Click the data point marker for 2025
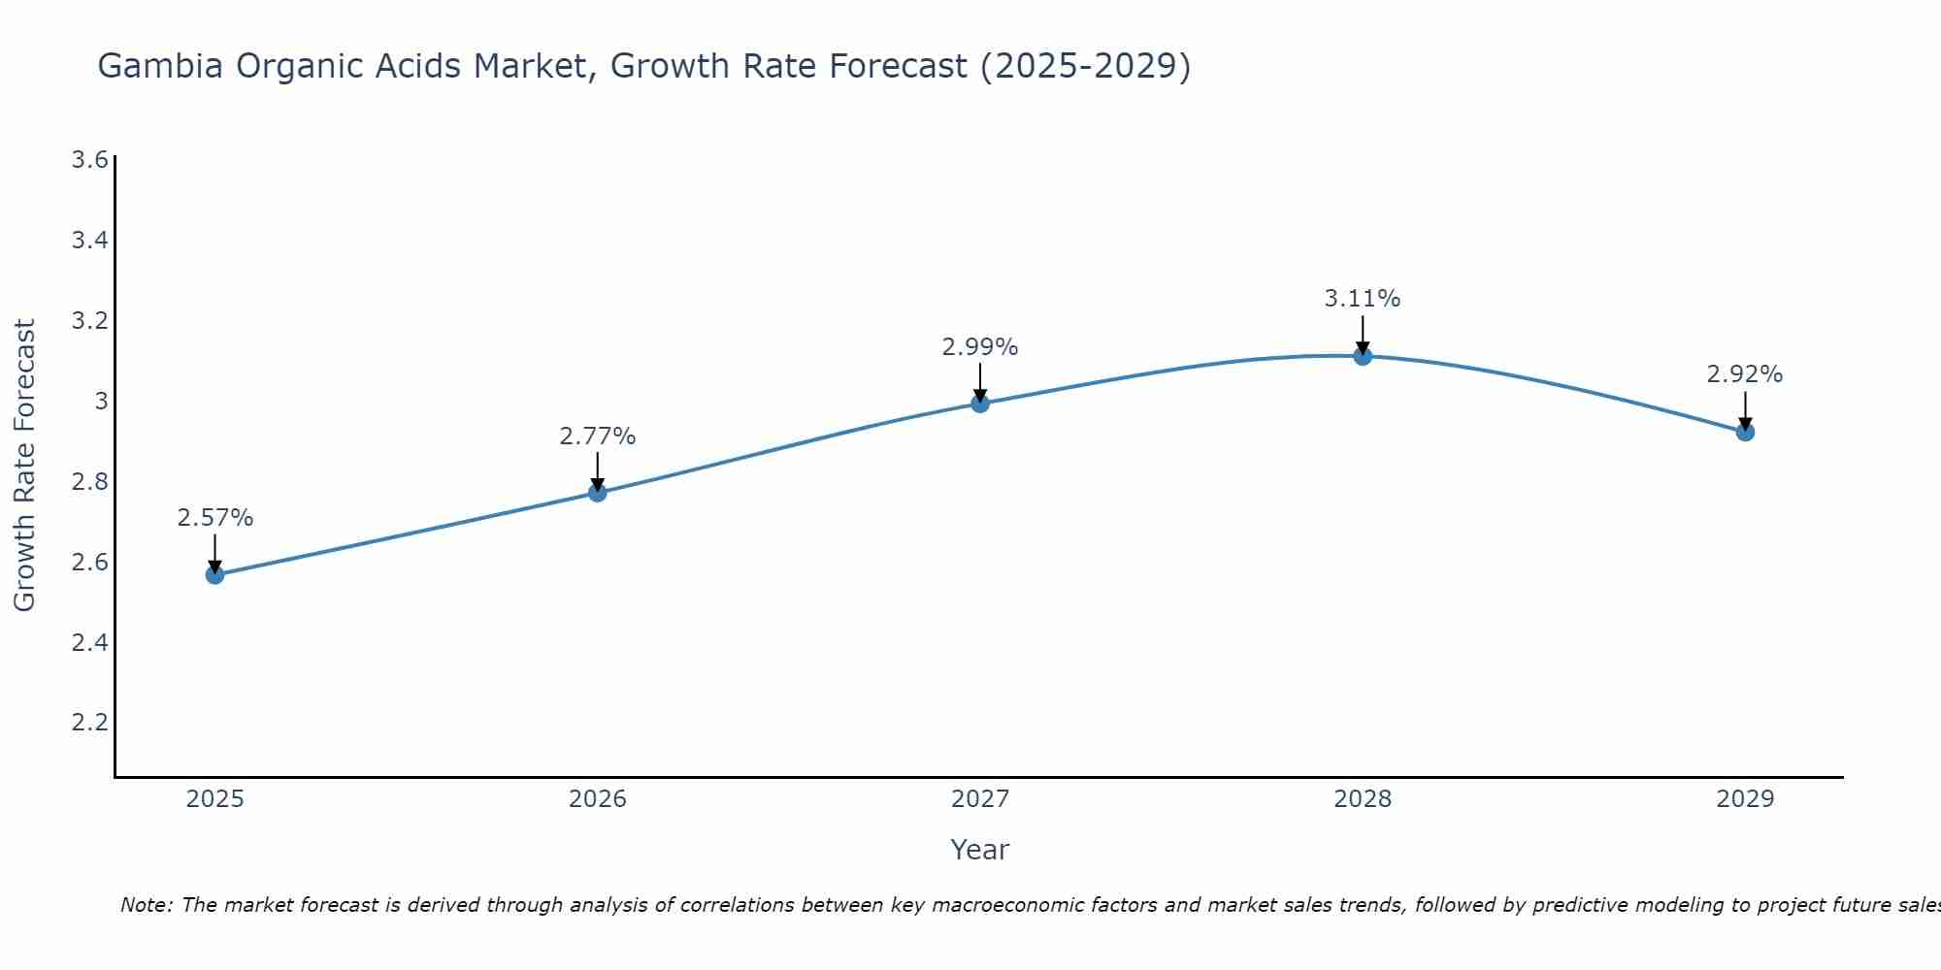(214, 575)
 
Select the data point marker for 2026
(597, 493)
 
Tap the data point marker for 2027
(980, 404)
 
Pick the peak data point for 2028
(1363, 356)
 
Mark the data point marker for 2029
(1745, 432)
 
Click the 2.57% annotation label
(214, 518)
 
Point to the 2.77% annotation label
(597, 436)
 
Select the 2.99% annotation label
(980, 347)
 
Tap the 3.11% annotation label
(1363, 299)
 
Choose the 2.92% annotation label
(1745, 374)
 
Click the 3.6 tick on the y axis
(89, 160)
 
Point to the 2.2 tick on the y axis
(89, 723)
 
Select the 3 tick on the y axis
(100, 401)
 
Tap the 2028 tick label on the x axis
(1363, 799)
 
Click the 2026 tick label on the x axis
(597, 799)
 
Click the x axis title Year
(980, 850)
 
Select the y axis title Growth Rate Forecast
(24, 466)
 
